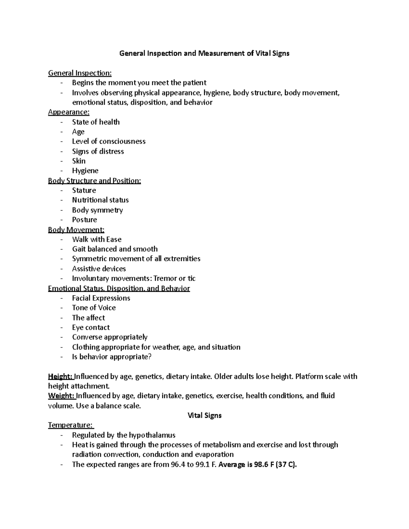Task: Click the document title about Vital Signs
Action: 204,53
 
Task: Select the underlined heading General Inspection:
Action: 80,73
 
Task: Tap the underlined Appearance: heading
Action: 69,112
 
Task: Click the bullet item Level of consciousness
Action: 109,141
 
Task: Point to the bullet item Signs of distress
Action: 98,151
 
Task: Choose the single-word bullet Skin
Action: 79,161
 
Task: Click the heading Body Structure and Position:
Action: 94,181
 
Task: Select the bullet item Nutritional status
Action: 100,200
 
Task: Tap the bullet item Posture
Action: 85,220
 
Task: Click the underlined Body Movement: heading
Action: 76,230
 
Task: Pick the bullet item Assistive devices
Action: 99,269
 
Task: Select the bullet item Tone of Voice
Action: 94,308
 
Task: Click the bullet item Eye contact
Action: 91,328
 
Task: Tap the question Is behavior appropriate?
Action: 111,357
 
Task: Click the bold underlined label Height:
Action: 60,376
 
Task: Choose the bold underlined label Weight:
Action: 61,396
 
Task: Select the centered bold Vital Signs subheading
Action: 204,416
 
